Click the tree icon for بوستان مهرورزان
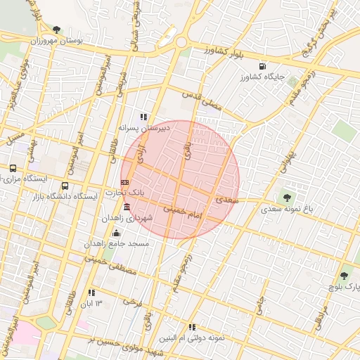(x=57, y=30)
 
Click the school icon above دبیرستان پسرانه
(x=143, y=117)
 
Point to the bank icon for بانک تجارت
(x=125, y=182)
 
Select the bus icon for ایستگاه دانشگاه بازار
(x=65, y=186)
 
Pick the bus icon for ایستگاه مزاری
(x=13, y=169)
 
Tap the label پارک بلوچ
(x=344, y=287)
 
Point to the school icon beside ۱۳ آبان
(x=91, y=292)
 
